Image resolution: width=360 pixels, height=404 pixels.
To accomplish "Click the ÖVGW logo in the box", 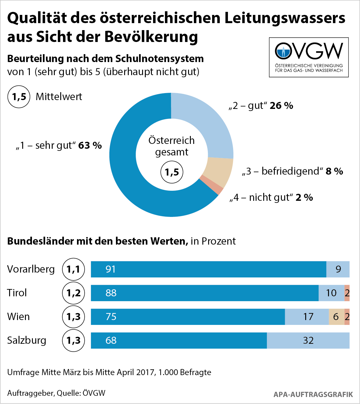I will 309,57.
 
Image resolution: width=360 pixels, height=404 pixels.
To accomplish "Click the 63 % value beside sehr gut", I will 90,145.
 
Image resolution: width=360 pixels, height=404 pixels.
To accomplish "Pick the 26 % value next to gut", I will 281,106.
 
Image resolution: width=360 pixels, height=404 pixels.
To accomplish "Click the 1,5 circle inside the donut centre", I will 172,172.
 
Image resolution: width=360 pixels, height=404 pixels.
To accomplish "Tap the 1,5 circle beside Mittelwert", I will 19,97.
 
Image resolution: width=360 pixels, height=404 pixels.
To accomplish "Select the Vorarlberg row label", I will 31,269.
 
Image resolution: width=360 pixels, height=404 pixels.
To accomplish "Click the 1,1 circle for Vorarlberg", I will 73,269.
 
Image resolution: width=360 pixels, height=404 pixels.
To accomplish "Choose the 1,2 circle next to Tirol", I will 73,293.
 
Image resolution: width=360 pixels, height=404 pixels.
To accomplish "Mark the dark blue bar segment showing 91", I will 208,269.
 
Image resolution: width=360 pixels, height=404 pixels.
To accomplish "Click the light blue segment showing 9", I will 338,269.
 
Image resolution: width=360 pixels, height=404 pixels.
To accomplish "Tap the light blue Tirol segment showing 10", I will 331,293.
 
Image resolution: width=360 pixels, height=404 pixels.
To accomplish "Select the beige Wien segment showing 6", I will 336,317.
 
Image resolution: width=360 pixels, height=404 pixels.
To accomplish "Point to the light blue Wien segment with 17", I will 307,317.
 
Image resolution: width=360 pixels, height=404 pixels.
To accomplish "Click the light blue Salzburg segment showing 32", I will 308,340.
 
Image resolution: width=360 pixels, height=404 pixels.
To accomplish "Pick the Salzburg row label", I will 27,340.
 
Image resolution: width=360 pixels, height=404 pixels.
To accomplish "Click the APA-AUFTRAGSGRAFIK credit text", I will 313,395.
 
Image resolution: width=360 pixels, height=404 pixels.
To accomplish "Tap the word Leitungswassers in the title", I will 285,18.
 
